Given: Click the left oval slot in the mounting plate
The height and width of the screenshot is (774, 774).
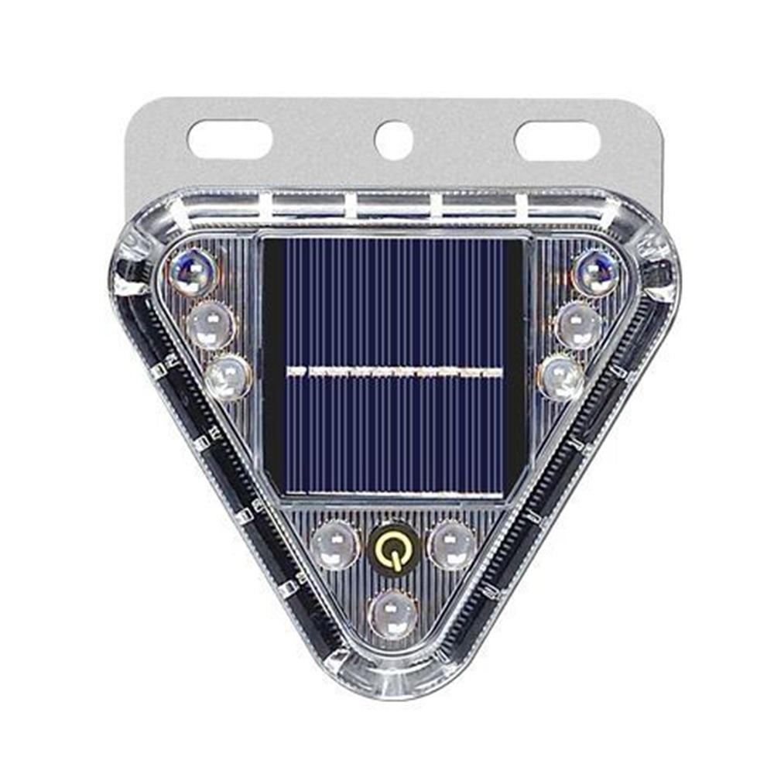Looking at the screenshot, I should [229, 140].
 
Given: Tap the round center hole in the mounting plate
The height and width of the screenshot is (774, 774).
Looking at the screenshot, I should [393, 140].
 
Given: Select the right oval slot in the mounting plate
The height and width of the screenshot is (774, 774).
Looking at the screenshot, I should [557, 141].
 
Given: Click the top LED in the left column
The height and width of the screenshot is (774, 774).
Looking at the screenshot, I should [192, 272].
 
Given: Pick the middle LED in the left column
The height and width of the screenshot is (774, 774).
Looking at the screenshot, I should [210, 324].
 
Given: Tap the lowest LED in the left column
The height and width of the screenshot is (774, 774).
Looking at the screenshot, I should [228, 377].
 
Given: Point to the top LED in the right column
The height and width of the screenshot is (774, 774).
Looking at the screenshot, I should [595, 272].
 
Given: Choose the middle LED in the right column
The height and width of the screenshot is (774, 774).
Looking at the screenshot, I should [578, 324].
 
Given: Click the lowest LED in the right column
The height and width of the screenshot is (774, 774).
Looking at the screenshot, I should [560, 377].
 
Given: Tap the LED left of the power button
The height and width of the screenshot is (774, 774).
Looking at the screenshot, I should [334, 544].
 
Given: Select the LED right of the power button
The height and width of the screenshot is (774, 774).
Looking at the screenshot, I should [452, 544].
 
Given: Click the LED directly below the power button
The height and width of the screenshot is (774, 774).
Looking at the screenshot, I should [393, 614].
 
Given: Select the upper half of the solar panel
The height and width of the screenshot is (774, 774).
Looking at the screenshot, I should [395, 302].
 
